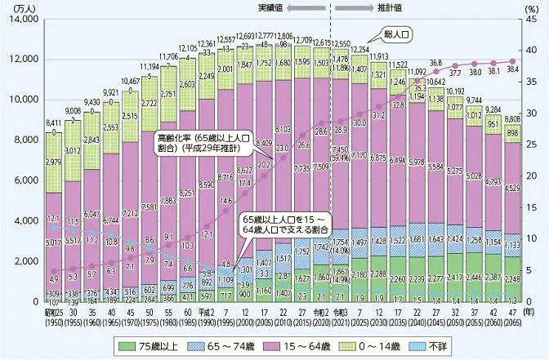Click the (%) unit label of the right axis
click(x=533, y=7)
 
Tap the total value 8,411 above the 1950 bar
click(x=53, y=124)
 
